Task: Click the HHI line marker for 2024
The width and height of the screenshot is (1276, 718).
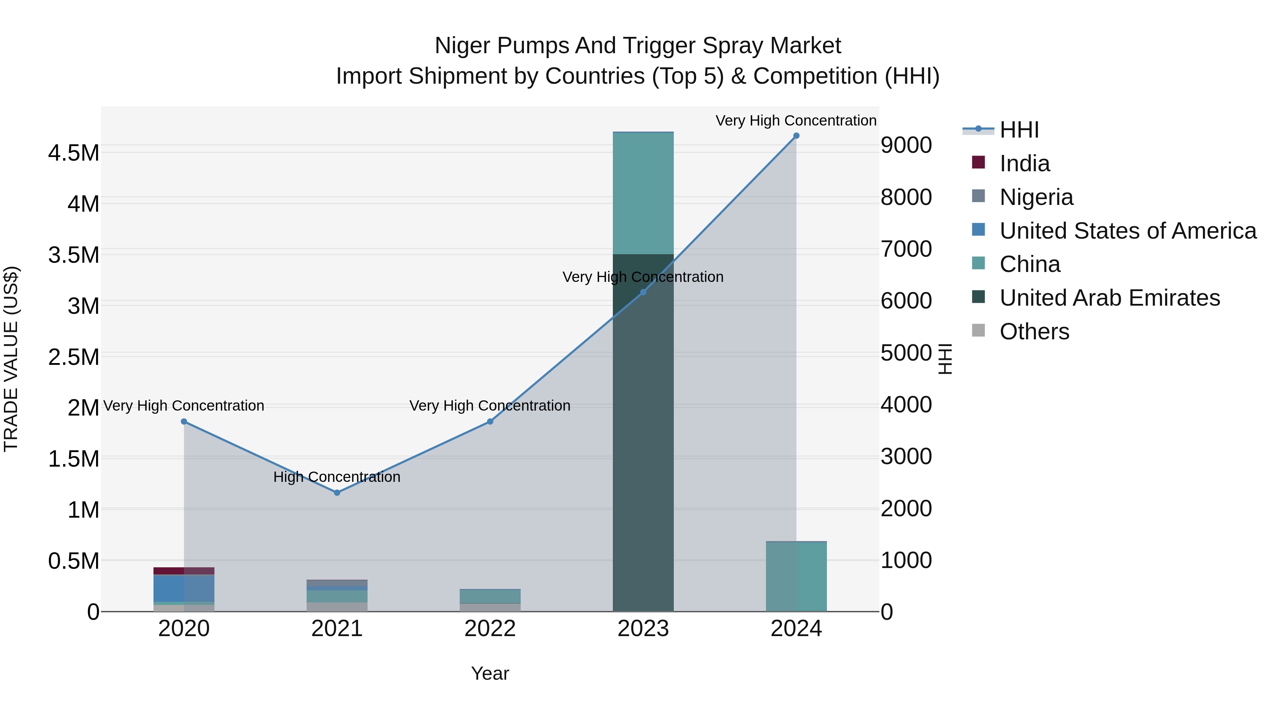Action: click(x=796, y=136)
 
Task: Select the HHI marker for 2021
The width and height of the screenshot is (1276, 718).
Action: click(x=337, y=492)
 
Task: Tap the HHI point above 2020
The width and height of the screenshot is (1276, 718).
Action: click(x=184, y=422)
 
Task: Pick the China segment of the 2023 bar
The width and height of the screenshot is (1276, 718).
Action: click(x=643, y=193)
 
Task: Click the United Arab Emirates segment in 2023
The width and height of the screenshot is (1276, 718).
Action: click(x=643, y=446)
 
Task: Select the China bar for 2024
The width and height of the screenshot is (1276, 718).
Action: click(x=796, y=577)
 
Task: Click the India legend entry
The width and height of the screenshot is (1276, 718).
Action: click(x=1024, y=163)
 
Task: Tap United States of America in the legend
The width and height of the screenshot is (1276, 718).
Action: click(x=1127, y=231)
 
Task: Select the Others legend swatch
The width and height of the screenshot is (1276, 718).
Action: click(x=978, y=330)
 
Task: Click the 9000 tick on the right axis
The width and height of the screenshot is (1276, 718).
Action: click(x=906, y=146)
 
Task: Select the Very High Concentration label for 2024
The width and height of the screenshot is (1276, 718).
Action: click(x=796, y=121)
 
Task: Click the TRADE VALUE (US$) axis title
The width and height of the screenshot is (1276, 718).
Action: click(x=11, y=359)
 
